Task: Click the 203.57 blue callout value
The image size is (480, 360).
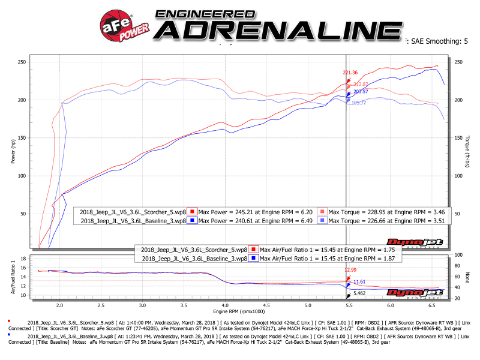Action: [361, 92]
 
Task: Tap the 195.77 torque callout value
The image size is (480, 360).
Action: [359, 103]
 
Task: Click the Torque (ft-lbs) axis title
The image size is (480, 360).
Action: [466, 151]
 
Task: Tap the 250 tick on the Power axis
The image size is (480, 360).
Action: [22, 62]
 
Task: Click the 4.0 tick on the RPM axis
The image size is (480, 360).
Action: [224, 305]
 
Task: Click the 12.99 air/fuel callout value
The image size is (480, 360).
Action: [350, 269]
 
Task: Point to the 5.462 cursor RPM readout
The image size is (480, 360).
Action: [359, 293]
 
